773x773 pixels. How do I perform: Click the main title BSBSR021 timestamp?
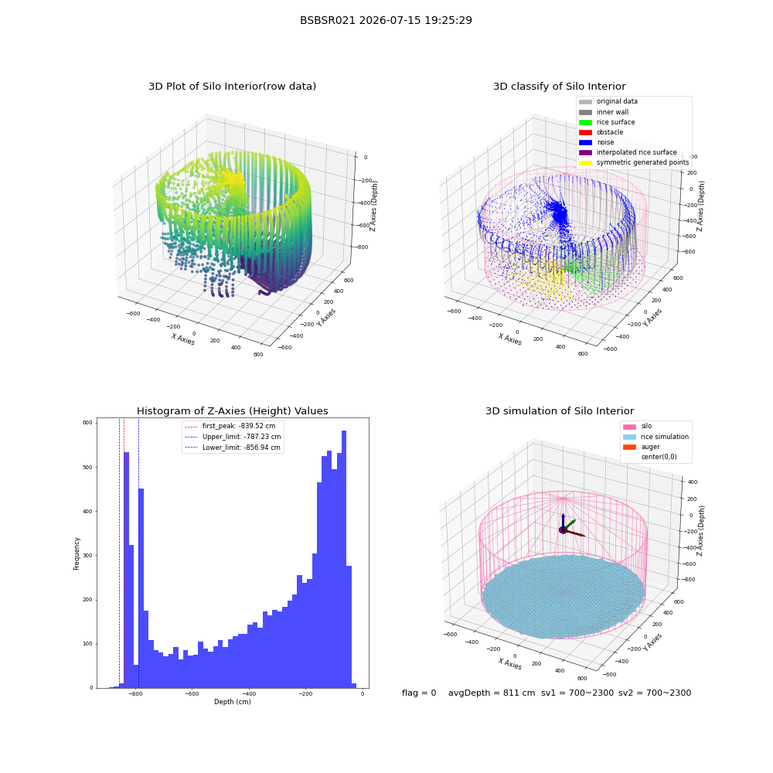(386, 20)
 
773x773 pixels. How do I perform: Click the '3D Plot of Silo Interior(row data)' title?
(232, 87)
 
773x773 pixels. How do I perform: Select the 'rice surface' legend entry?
(607, 122)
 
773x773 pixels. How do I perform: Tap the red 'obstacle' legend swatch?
(585, 132)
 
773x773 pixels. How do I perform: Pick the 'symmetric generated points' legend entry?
(634, 162)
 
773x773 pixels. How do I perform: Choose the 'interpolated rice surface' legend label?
(636, 152)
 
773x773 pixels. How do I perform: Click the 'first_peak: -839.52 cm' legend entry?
(230, 426)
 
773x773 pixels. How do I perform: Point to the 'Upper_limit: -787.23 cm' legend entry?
(233, 437)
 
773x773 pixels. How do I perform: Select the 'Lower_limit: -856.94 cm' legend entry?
(233, 448)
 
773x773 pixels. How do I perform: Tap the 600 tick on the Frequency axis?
(87, 423)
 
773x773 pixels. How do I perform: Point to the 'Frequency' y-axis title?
(77, 553)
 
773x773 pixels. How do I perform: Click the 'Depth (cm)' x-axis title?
(233, 702)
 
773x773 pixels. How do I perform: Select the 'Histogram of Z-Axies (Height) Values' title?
(232, 411)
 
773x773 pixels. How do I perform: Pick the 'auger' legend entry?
(642, 447)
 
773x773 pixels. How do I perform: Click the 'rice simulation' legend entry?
(656, 437)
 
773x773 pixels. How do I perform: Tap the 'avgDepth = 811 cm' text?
(492, 693)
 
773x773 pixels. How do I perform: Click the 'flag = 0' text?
(419, 693)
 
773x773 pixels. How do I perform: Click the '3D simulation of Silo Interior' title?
(560, 411)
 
